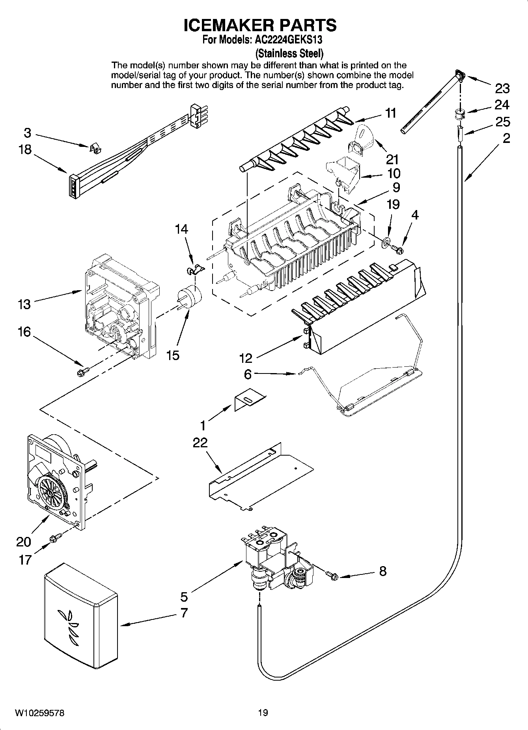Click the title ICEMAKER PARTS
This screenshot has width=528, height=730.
(x=260, y=25)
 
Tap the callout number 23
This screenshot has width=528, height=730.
(x=502, y=88)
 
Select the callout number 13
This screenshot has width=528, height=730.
(x=24, y=304)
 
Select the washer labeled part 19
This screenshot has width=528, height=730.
(x=385, y=240)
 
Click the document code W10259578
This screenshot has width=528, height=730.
(x=40, y=713)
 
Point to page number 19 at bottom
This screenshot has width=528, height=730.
(x=263, y=713)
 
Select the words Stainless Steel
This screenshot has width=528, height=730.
(x=290, y=53)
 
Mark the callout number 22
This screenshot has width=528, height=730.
(x=200, y=443)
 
